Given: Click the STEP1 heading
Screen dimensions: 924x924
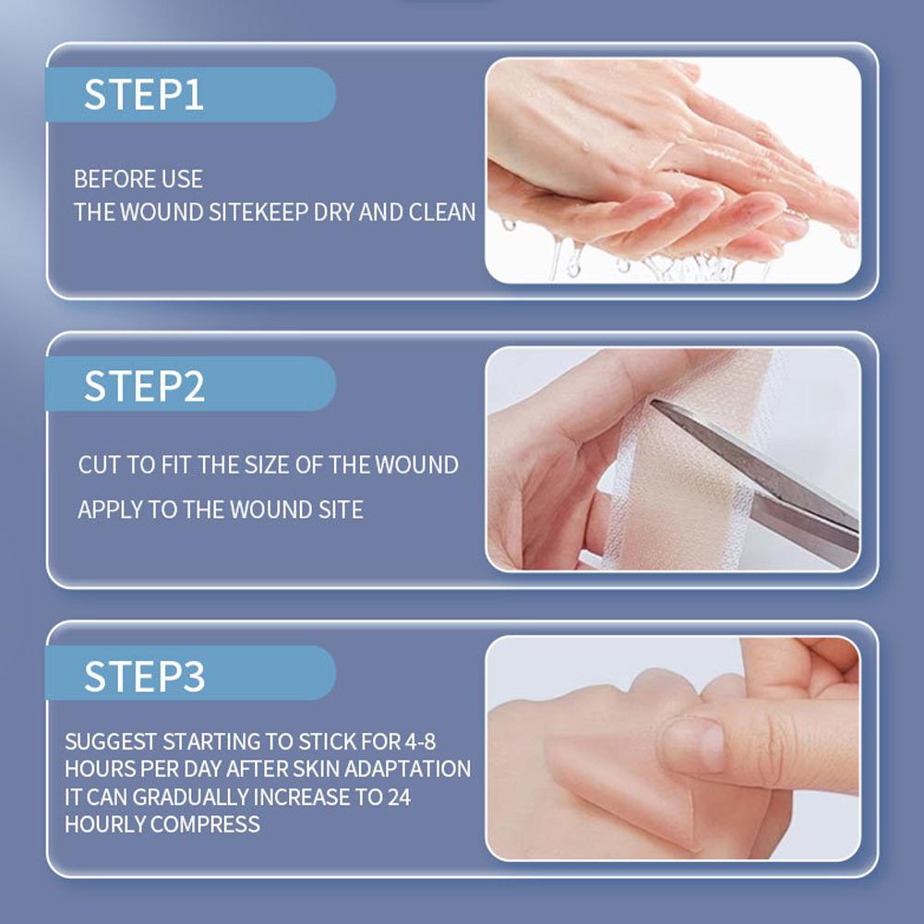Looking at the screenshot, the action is [144, 94].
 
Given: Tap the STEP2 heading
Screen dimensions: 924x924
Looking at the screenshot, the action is [144, 386].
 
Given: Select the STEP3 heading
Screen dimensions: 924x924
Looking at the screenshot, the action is [144, 676].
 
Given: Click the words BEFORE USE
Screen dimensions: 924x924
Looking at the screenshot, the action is [138, 179].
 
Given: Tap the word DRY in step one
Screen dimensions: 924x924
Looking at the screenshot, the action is [333, 212].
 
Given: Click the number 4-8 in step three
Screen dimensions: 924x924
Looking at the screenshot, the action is [420, 741].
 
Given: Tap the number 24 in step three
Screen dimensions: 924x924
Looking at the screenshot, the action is [399, 797].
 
